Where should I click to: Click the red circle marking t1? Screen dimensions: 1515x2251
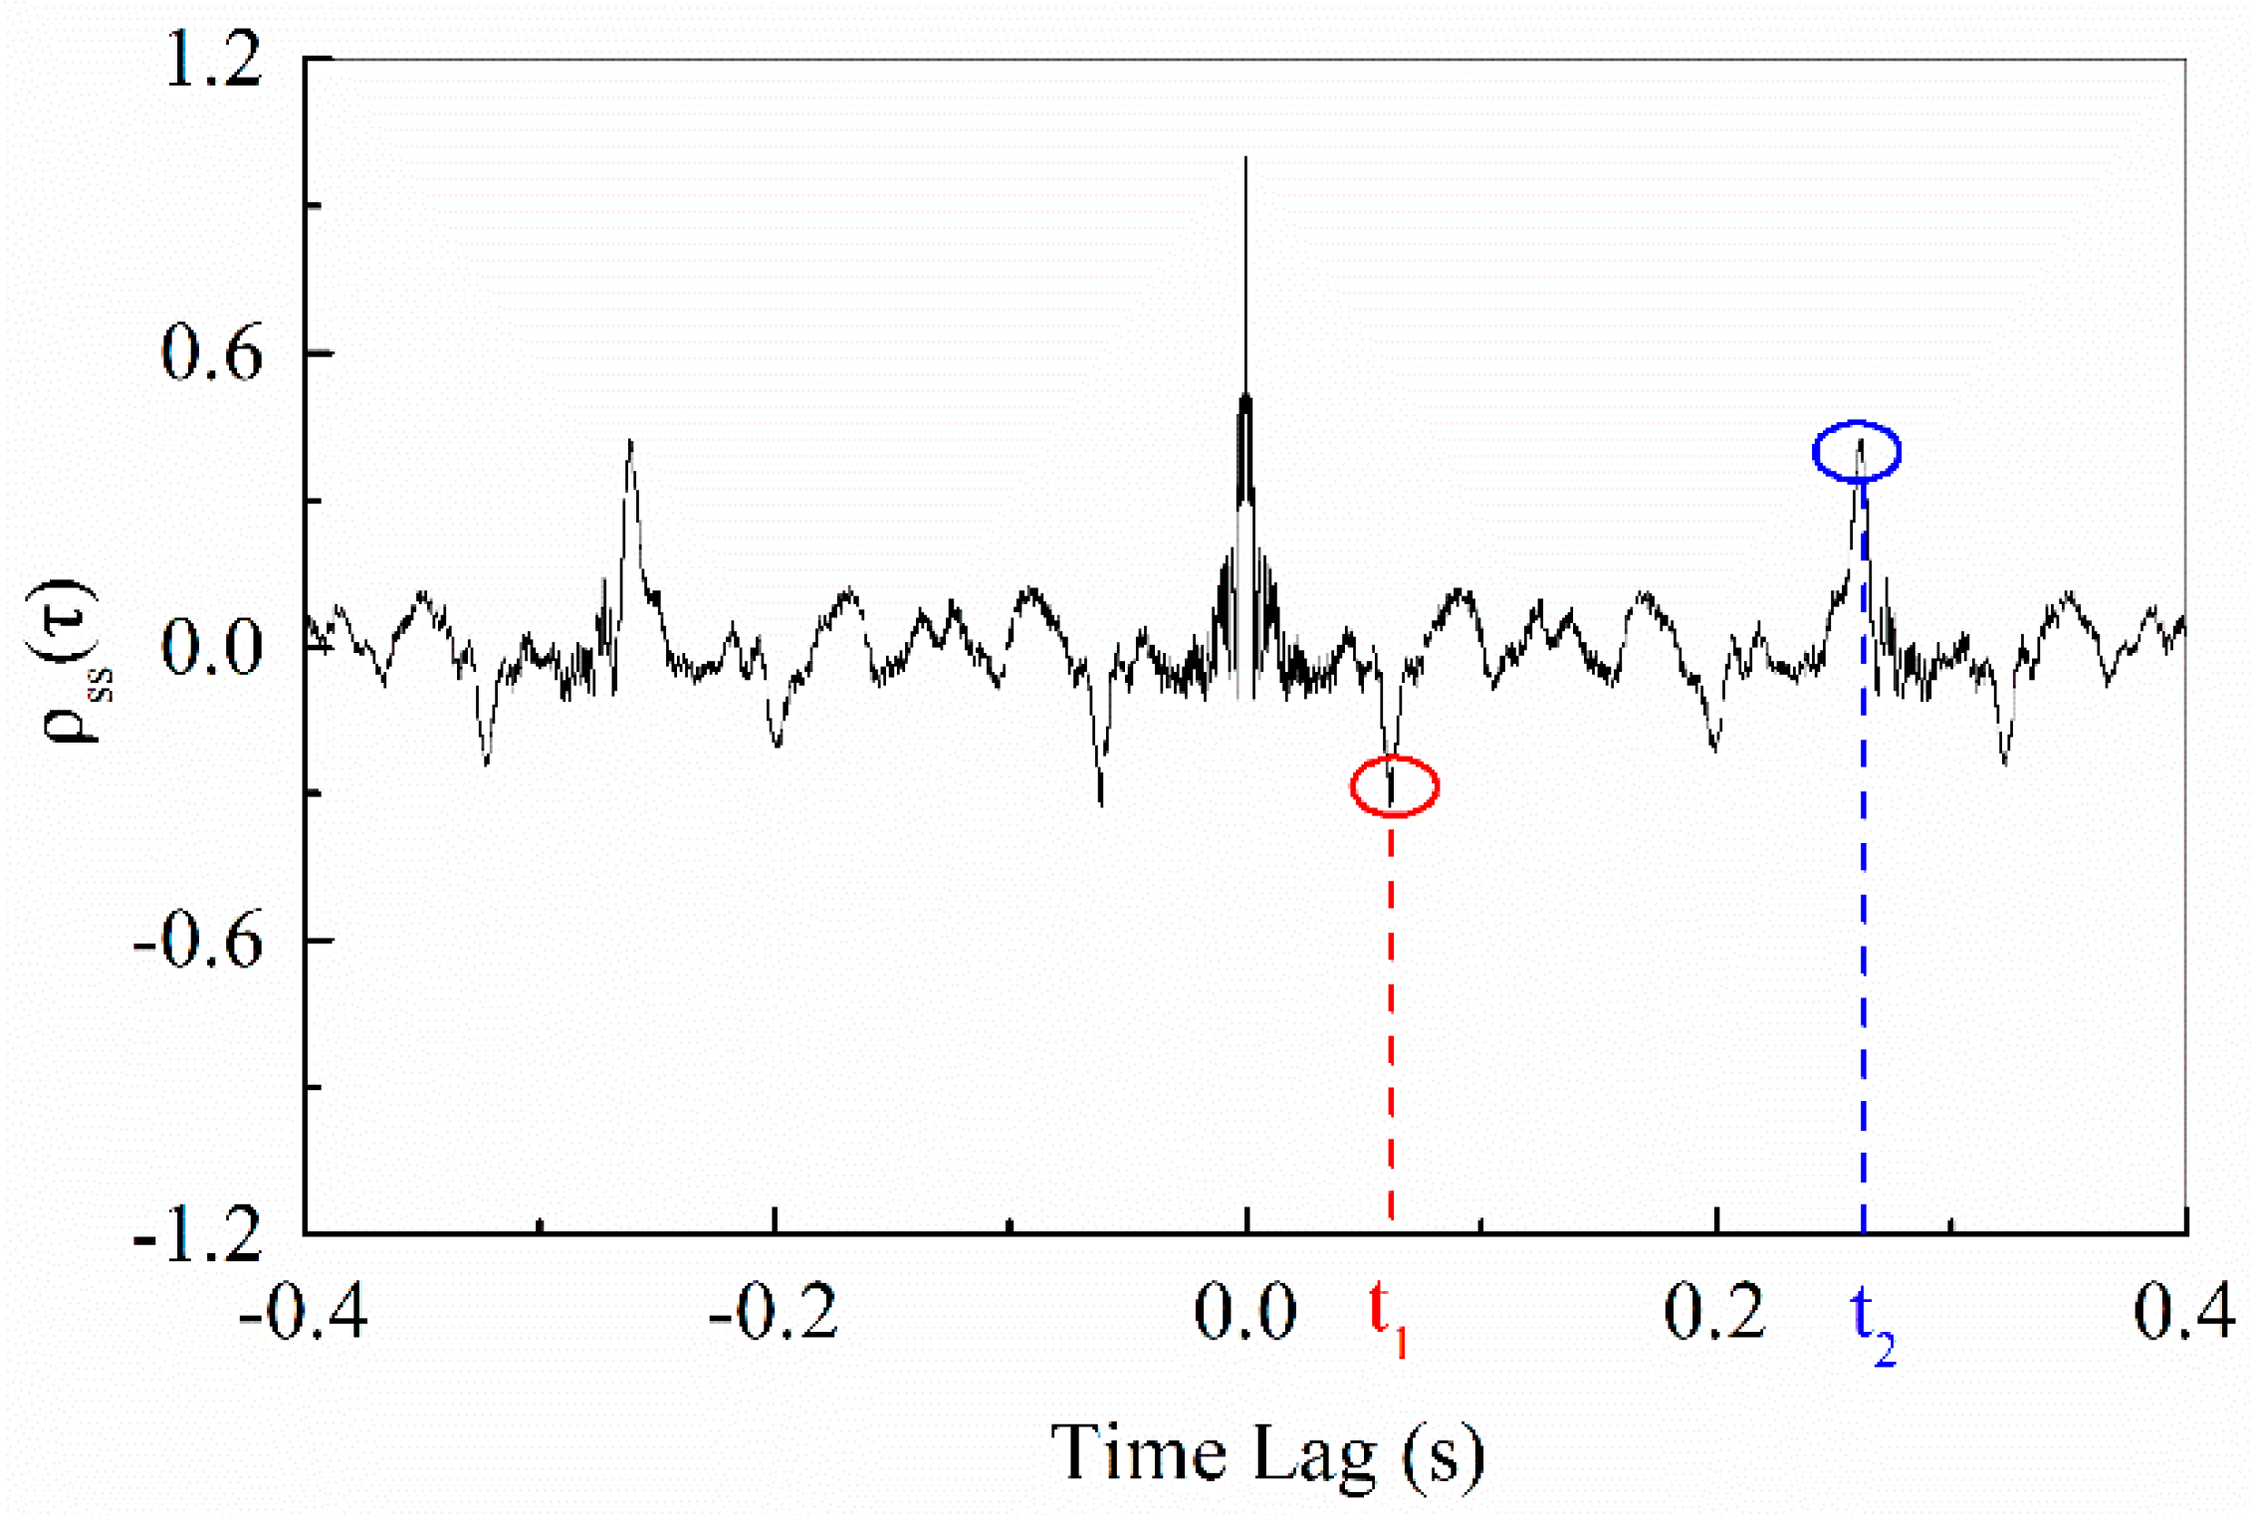[x=1394, y=786]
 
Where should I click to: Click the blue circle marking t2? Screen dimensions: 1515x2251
[x=1857, y=452]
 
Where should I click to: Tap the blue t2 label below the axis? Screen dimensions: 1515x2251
[x=1873, y=1325]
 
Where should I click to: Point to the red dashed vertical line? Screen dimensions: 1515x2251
[x=1391, y=1015]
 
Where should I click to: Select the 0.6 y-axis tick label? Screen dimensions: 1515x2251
[x=212, y=353]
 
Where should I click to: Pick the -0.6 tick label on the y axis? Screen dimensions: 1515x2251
[x=198, y=941]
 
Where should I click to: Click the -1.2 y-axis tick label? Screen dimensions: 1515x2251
[x=198, y=1234]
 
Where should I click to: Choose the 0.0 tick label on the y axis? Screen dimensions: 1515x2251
[x=212, y=647]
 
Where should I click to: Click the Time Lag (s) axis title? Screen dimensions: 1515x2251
[x=1267, y=1454]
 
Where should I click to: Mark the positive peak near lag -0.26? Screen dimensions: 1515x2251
[x=630, y=441]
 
